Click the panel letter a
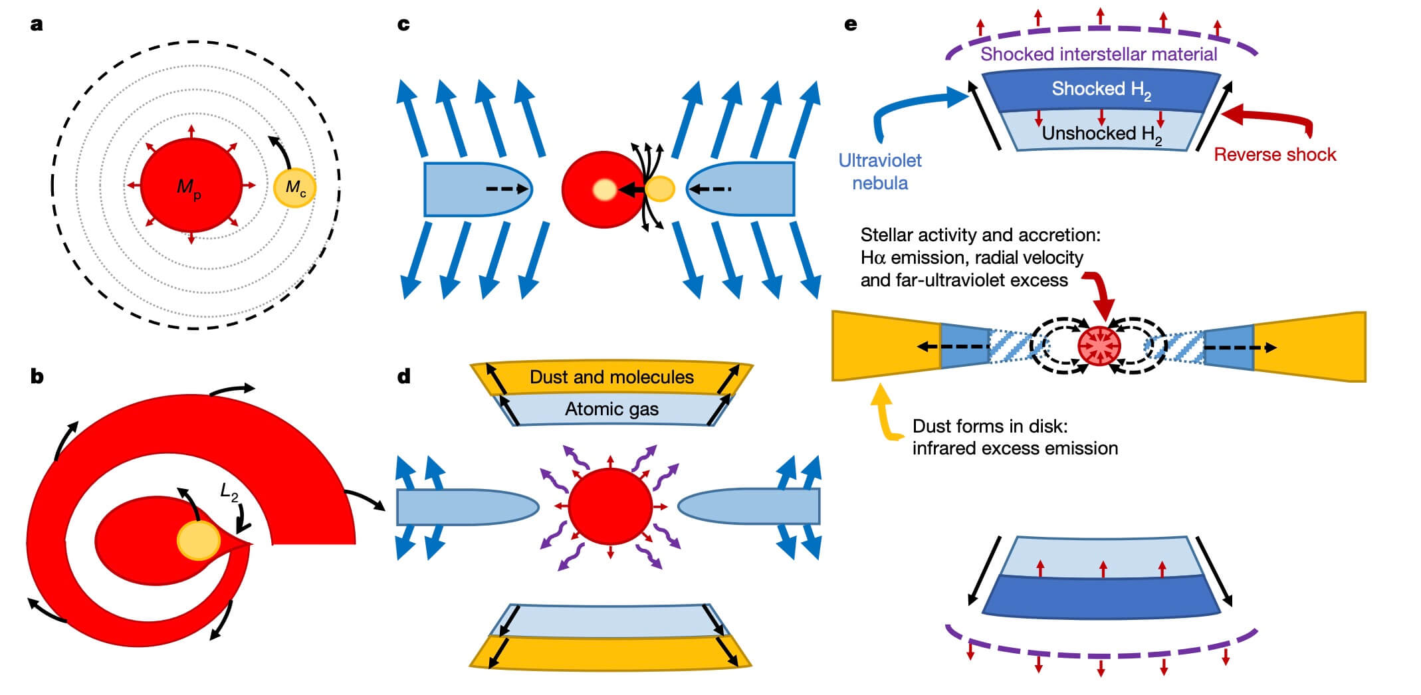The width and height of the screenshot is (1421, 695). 37,25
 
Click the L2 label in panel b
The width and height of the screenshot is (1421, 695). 229,492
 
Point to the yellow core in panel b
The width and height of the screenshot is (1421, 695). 199,540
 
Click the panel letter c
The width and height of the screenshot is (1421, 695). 403,25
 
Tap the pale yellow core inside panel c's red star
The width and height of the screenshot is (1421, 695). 604,190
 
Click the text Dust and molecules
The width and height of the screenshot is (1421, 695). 611,377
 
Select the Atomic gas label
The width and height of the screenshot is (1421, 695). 611,409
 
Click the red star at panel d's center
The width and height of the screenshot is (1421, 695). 610,506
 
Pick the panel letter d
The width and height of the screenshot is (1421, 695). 403,377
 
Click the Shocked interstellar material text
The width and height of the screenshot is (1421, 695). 1099,54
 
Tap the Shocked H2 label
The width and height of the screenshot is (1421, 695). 1101,90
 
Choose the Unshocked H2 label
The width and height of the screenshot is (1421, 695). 1101,134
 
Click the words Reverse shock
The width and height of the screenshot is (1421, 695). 1274,155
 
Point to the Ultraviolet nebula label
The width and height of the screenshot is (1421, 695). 880,171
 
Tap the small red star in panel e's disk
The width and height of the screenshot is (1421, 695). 1099,346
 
